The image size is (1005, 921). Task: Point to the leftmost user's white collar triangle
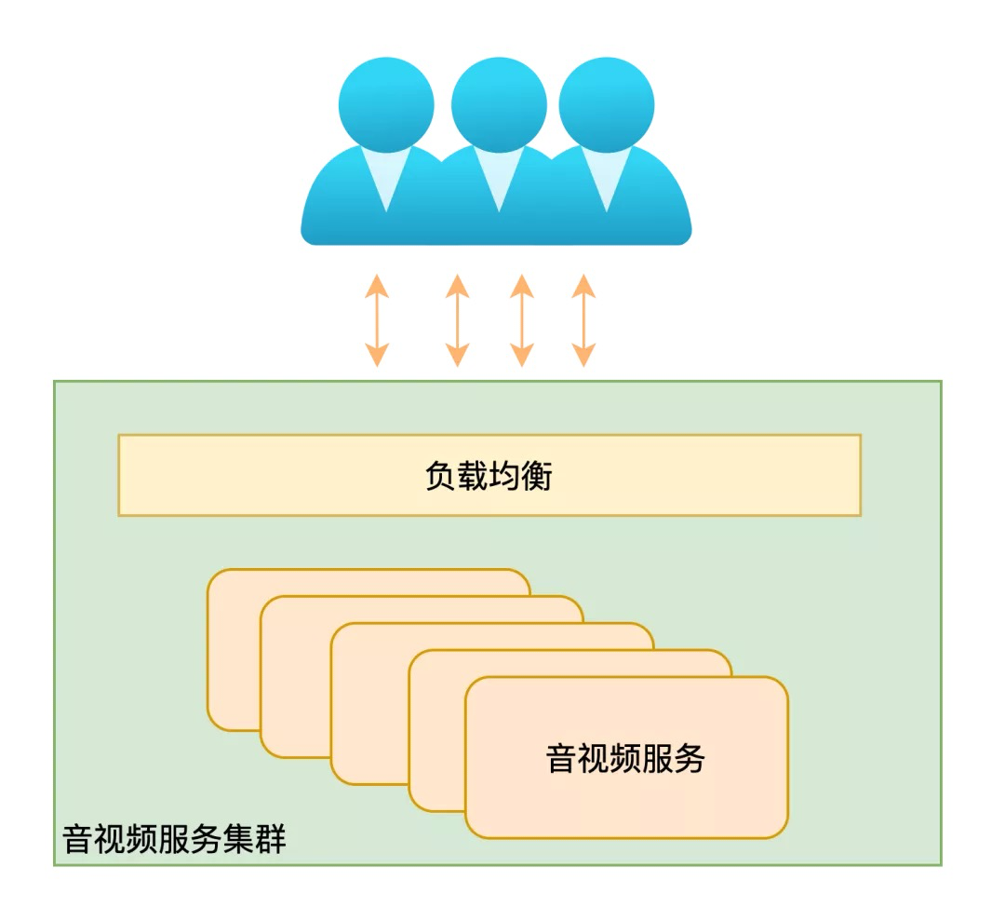(x=386, y=177)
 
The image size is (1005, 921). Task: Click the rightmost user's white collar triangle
(x=606, y=177)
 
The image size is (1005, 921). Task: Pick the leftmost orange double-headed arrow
(x=377, y=319)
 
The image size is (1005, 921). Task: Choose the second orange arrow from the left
(x=457, y=319)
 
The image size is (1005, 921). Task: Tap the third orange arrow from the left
(x=522, y=319)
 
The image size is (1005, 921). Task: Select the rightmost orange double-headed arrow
(x=583, y=319)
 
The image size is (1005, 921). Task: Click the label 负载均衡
(x=489, y=476)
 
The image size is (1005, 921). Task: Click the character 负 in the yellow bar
(x=440, y=476)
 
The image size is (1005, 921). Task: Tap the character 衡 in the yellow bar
(x=537, y=476)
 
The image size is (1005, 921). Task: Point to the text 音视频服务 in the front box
(x=625, y=758)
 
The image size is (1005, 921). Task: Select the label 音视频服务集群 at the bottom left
(x=174, y=839)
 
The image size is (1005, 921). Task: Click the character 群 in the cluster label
(x=271, y=839)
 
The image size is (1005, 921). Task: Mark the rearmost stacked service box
(x=233, y=652)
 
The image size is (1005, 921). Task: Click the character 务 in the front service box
(x=690, y=758)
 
